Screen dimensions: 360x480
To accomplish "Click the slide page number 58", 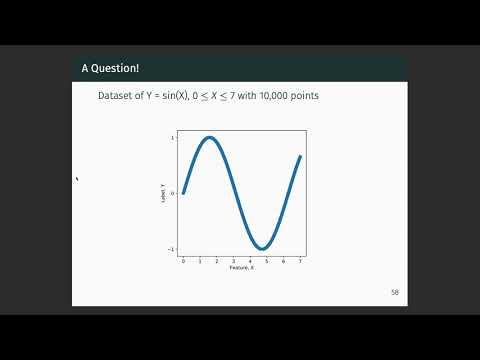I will [395, 292].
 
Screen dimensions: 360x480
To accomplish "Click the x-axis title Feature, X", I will [241, 268].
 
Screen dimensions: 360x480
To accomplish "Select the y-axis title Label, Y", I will [162, 193].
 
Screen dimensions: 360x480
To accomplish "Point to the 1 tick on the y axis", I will [174, 137].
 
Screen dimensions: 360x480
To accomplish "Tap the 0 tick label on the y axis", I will [174, 193].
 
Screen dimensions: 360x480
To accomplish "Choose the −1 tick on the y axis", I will [173, 249].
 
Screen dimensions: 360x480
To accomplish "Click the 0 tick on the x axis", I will [183, 261].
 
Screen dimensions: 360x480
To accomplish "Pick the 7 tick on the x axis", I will [300, 261].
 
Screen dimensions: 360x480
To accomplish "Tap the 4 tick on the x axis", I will [250, 261].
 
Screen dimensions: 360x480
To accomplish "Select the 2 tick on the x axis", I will [216, 261].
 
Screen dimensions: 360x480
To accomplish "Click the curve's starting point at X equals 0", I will [183, 193].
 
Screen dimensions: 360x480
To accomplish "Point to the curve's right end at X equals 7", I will [300, 157].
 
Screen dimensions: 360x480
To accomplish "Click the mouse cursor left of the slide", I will [77, 179].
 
